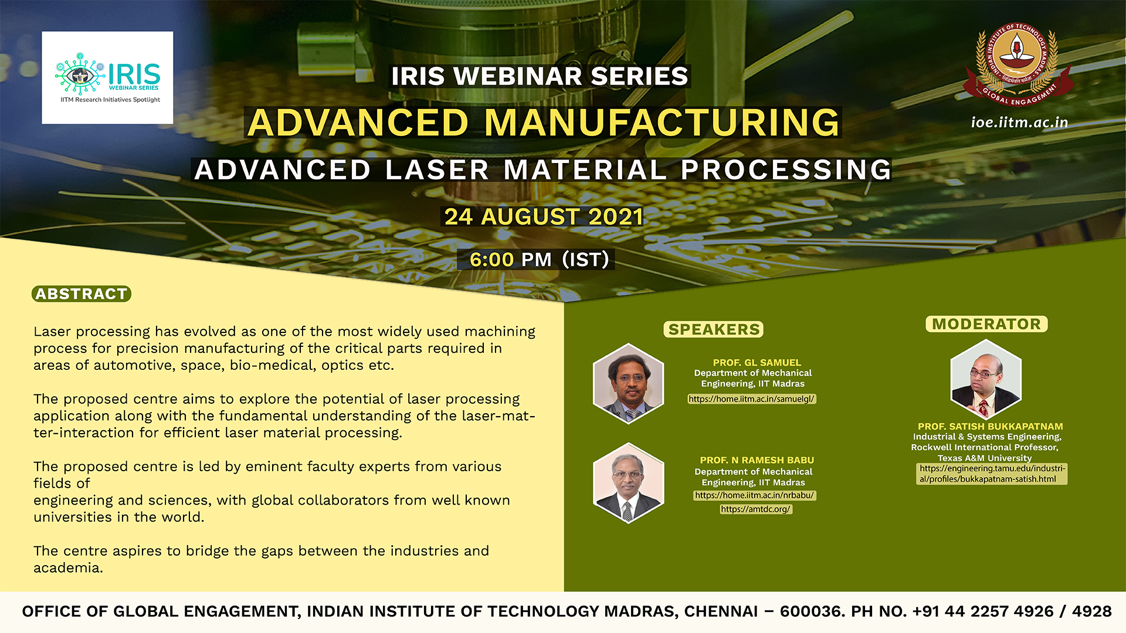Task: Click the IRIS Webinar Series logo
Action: coord(107,77)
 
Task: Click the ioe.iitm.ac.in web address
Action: coord(1019,122)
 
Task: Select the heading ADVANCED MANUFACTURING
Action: coord(543,122)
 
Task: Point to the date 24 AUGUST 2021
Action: coord(543,217)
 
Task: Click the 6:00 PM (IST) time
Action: coord(539,259)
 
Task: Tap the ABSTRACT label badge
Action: coord(82,294)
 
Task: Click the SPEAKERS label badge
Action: coord(714,329)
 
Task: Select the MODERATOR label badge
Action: coord(986,324)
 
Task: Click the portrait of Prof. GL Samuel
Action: coord(629,383)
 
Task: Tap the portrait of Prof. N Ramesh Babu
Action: coord(629,483)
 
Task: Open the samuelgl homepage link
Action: coord(751,399)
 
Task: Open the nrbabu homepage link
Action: coord(755,495)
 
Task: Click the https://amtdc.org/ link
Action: coord(756,509)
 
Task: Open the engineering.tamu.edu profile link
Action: coord(992,474)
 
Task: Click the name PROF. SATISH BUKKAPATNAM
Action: coord(991,427)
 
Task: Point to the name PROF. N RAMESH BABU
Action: coord(757,460)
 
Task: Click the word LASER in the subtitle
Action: coord(437,170)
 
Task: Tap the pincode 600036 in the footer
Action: coord(811,611)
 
